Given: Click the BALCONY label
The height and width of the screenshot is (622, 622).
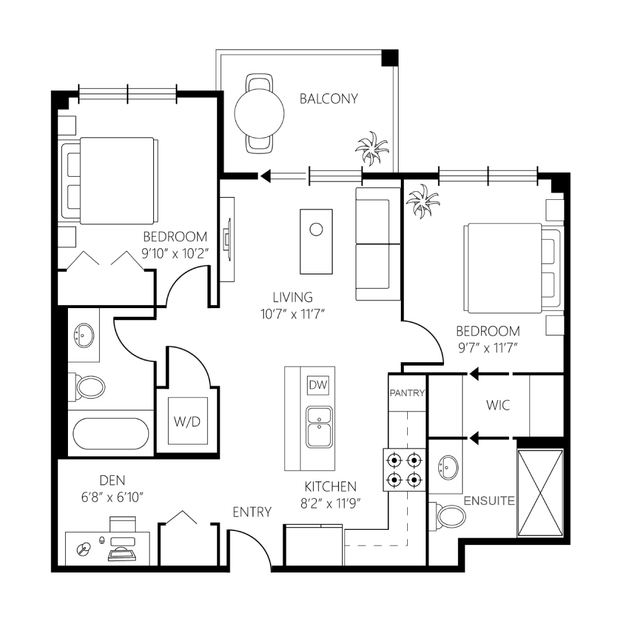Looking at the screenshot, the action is click(x=329, y=99).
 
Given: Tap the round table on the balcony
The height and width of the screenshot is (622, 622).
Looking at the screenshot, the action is click(x=259, y=113).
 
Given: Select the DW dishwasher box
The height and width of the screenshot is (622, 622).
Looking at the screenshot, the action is click(x=318, y=384).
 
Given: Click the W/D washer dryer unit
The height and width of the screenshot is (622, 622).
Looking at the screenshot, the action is click(x=188, y=421).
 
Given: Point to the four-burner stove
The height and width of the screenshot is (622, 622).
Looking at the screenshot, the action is click(x=404, y=470).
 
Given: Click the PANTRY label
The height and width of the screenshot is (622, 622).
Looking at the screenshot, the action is click(x=407, y=393).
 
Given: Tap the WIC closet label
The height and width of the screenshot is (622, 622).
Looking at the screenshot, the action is click(x=498, y=405).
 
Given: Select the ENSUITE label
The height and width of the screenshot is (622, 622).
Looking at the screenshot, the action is click(x=489, y=501).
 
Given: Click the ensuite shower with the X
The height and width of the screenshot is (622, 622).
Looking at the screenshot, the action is click(x=540, y=493).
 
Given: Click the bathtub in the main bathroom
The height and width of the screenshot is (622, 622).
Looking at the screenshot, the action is click(x=111, y=434).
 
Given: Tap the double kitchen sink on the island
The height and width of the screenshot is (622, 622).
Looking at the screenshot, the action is click(x=319, y=427).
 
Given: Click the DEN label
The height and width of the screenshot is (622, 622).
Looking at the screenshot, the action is click(x=112, y=480).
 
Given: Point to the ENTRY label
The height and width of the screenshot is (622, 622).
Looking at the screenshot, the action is click(x=252, y=512).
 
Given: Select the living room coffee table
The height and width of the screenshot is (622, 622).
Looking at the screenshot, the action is click(x=316, y=241).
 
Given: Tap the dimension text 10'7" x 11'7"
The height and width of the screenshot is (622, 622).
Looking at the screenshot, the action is click(x=293, y=314).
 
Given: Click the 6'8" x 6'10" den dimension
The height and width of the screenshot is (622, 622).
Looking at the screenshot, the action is click(x=112, y=497).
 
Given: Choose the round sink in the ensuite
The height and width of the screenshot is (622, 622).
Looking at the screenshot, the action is click(x=449, y=467).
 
